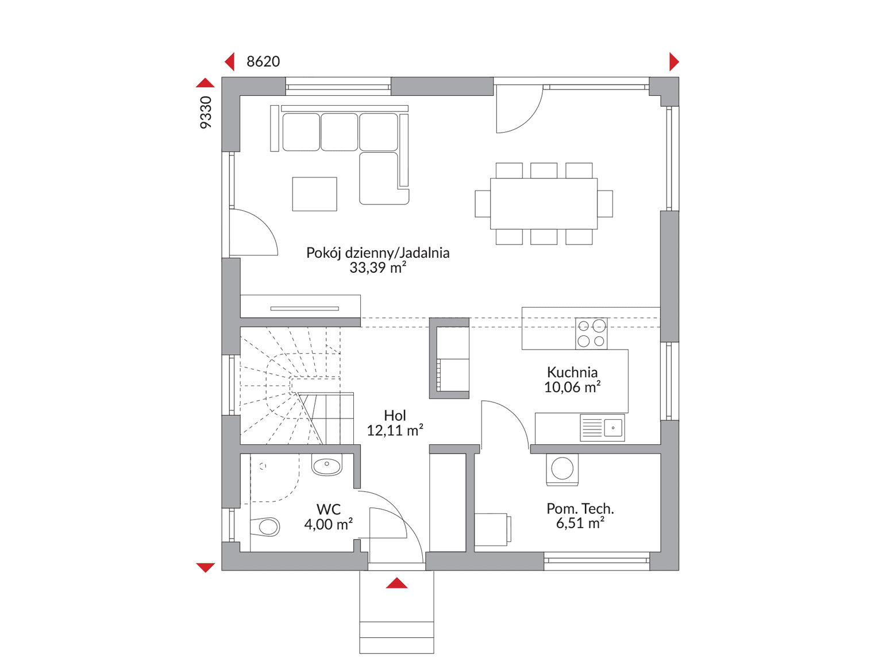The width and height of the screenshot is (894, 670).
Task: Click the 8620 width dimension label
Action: point(263,61)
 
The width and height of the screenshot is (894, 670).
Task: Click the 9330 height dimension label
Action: point(206,113)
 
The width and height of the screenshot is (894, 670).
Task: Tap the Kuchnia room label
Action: point(572,372)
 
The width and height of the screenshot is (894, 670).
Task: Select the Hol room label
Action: point(395,415)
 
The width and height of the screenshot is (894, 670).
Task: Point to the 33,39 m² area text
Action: point(378,268)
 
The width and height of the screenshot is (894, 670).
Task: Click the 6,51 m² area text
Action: point(580,523)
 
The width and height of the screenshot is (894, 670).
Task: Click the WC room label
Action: point(328,509)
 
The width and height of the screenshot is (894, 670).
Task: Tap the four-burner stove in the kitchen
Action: point(591,334)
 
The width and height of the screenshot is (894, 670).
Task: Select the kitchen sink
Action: point(602,428)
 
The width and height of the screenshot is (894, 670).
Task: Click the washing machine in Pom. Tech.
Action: point(562,470)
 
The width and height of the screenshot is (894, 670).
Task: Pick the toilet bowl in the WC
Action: point(265,527)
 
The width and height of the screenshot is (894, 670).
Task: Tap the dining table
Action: point(544,203)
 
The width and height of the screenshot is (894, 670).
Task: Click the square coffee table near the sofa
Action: point(314,194)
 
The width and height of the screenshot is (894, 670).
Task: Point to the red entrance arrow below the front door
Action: point(396,583)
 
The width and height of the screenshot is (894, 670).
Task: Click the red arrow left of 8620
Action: point(230,62)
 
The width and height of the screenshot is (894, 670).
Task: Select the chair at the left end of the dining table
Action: point(483,203)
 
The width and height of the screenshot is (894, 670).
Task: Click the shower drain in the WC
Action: point(263,466)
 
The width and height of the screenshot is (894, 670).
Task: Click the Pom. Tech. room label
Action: point(580,509)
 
